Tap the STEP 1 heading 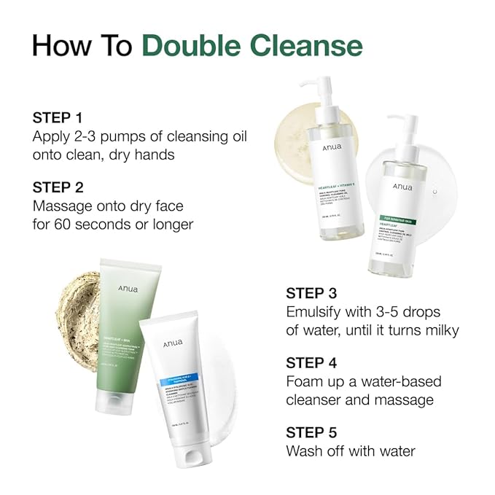(x=58, y=117)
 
